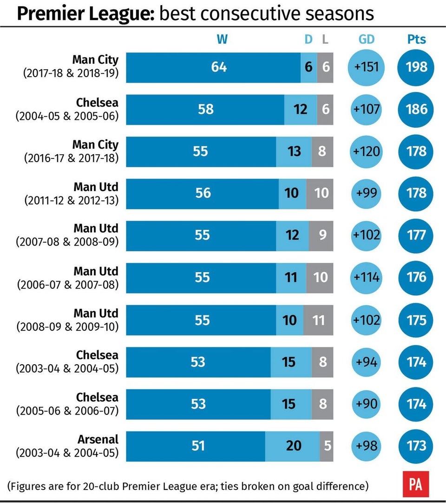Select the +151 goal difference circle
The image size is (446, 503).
367,67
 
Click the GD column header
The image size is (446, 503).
367,39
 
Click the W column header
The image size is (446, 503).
222,39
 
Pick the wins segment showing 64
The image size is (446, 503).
214,67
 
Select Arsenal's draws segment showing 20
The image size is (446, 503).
293,446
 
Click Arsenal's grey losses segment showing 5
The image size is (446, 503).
327,446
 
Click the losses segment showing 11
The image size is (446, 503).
319,320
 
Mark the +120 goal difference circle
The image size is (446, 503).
367,151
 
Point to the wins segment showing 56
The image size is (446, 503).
203,194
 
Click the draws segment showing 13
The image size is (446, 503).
294,151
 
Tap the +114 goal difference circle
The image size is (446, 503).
367,278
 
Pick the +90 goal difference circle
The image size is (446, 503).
367,404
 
